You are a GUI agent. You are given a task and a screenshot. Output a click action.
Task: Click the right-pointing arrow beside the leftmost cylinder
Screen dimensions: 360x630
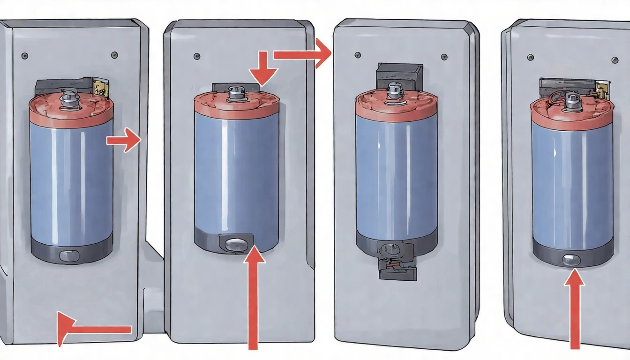[x=124, y=140]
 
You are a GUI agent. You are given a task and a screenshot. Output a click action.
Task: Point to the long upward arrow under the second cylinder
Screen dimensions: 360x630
[x=253, y=300]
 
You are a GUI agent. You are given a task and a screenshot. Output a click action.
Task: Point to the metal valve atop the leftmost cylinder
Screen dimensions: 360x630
[x=70, y=97]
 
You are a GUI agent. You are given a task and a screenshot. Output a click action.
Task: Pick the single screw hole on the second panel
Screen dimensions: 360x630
[x=196, y=56]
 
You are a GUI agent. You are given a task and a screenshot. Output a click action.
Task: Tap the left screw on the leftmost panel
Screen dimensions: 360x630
[x=25, y=56]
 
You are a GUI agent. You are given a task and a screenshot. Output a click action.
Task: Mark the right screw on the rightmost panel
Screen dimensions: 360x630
[x=615, y=60]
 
